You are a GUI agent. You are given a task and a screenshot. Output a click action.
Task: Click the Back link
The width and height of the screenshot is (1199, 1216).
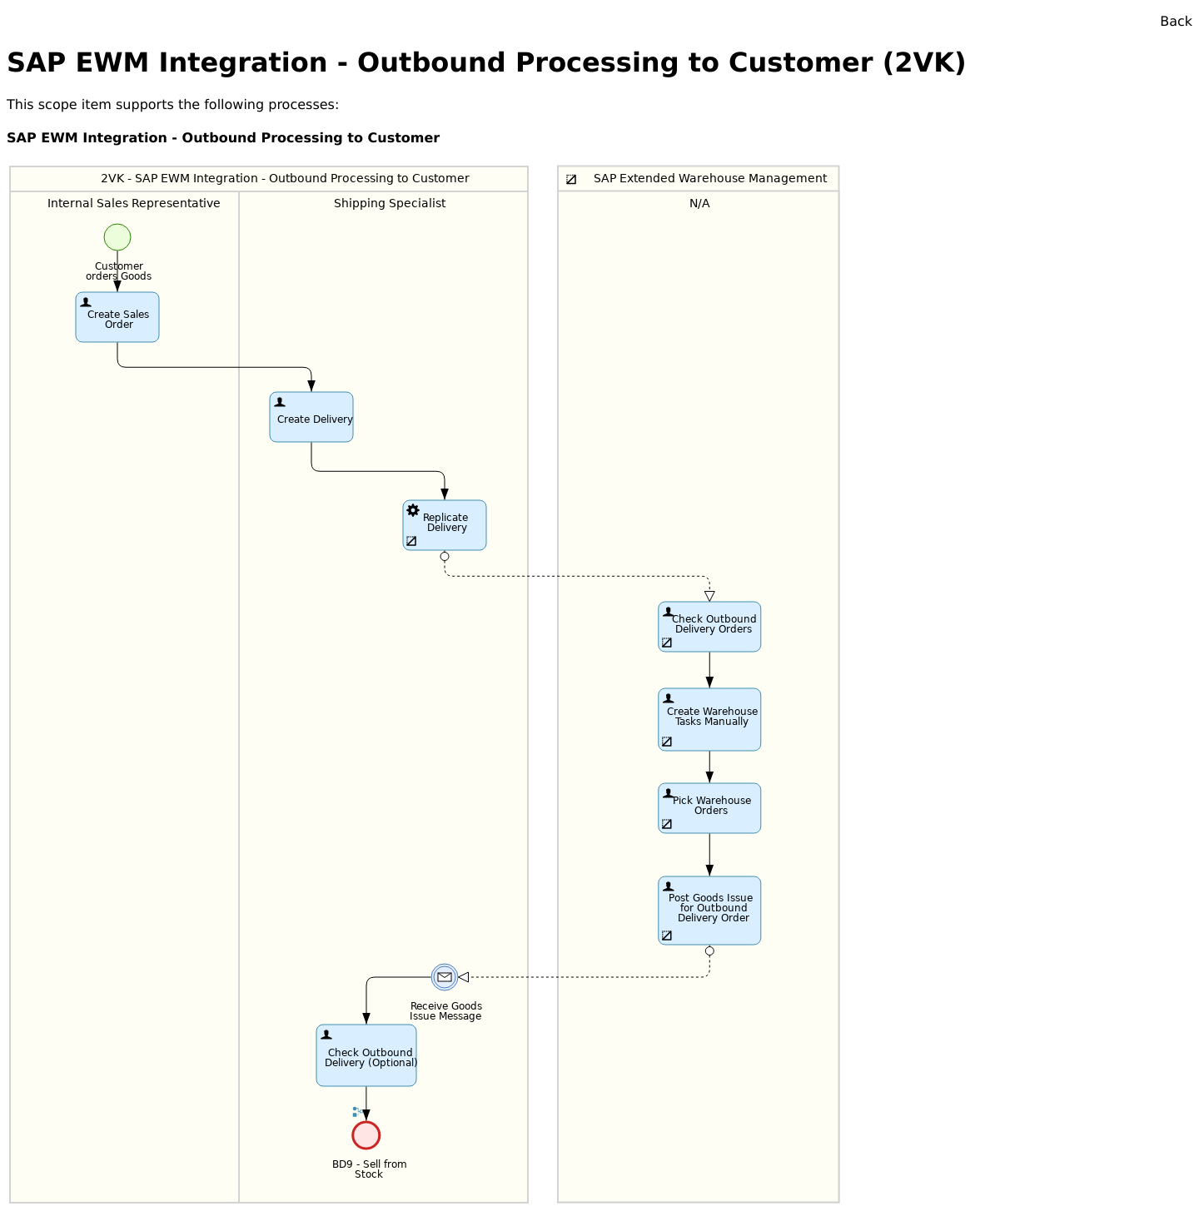coord(1175,22)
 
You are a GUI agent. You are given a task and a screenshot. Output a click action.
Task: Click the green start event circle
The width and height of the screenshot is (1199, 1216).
coord(117,237)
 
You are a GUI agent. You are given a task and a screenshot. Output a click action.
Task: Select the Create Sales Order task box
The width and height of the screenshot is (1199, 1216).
coord(117,317)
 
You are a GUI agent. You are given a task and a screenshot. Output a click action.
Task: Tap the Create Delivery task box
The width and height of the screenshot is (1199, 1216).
coord(311,417)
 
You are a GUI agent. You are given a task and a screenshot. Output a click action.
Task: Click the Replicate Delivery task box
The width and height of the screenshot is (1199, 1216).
coord(445,525)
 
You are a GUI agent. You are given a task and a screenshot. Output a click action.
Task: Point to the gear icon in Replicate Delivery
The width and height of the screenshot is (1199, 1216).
coord(413,510)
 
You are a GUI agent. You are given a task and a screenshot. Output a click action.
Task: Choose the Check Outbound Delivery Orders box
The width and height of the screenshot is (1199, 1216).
coord(709,627)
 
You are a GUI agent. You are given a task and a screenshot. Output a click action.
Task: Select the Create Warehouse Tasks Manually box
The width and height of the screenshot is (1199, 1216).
coord(709,719)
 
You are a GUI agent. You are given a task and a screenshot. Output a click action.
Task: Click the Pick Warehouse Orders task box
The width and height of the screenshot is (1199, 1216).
coord(709,808)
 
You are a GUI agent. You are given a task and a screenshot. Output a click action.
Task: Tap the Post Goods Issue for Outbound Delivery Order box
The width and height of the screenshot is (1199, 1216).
coord(709,911)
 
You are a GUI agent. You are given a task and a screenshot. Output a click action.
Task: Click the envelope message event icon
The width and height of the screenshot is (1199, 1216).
coord(445,977)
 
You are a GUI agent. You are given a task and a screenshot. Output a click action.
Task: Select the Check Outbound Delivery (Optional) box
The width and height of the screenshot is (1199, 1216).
coord(366,1055)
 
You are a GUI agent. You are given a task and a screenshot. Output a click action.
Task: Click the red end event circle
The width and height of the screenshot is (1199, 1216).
coord(366,1135)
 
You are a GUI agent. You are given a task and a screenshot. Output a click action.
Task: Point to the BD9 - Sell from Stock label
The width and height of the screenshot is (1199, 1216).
coord(369,1169)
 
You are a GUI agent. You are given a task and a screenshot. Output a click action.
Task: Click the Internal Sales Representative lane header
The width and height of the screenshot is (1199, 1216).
coord(133,204)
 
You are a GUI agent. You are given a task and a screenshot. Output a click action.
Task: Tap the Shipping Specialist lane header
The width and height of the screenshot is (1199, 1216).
coord(390,204)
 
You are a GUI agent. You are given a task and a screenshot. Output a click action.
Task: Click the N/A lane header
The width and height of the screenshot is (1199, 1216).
coord(699,204)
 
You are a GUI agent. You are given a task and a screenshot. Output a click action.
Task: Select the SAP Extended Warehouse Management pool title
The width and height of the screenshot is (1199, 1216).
coord(709,179)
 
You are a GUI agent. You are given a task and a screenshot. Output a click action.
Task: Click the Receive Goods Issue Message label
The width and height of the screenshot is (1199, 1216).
coord(445,1011)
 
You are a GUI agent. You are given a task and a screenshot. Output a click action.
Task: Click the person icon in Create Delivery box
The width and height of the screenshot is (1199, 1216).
coord(280,402)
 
